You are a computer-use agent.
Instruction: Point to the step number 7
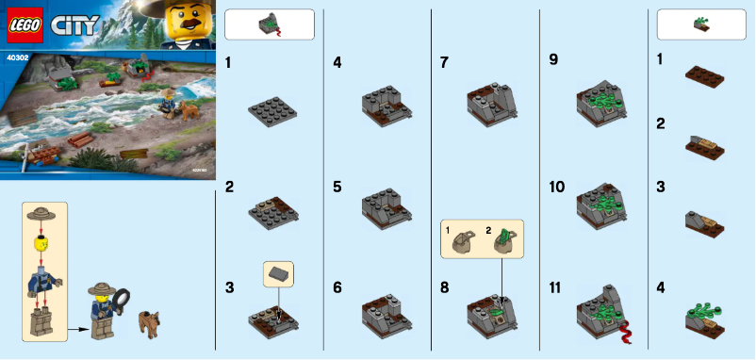coord(444,62)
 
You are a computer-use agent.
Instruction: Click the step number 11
coord(557,284)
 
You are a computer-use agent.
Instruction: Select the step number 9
coord(553,60)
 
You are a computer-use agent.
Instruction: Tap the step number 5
coord(337,187)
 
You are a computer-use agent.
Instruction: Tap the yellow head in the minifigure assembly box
coord(41,243)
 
